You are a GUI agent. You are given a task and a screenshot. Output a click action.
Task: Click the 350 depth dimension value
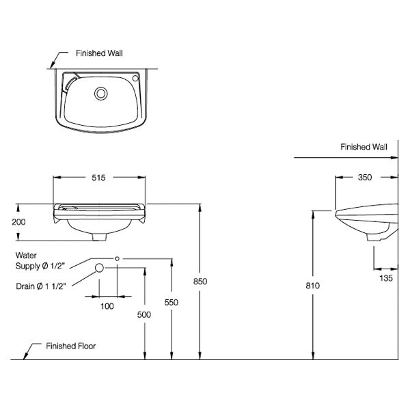(x=364, y=178)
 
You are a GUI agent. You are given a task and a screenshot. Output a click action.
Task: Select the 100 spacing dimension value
(x=107, y=305)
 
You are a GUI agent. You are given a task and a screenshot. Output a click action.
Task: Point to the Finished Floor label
(x=70, y=346)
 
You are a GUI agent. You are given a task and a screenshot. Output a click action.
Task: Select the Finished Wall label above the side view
(x=364, y=147)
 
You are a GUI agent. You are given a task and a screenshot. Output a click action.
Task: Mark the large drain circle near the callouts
(x=99, y=268)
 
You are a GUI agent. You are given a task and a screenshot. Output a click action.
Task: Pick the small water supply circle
(x=118, y=258)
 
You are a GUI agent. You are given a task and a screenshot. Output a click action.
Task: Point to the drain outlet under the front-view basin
(x=99, y=236)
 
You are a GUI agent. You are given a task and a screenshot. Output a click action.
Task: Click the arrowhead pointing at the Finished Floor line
(x=27, y=355)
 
